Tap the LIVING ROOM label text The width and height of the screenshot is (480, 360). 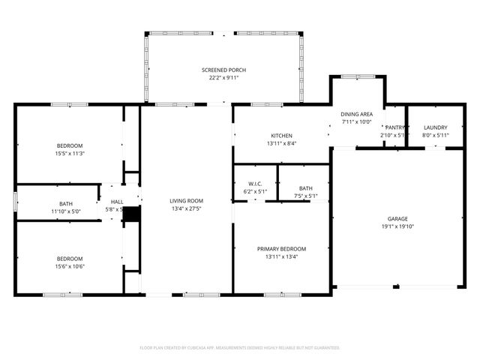click(x=186, y=200)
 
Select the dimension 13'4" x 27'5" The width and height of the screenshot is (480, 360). click(x=186, y=208)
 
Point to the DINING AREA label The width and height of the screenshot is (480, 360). click(x=357, y=113)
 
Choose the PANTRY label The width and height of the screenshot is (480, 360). click(x=394, y=127)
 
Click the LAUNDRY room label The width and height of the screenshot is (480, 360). click(x=435, y=127)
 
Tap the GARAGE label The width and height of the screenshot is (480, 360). click(x=397, y=219)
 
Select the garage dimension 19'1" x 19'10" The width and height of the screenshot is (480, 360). click(x=397, y=227)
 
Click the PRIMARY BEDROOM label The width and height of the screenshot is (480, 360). click(x=281, y=249)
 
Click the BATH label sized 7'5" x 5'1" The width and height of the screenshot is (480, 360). click(x=305, y=188)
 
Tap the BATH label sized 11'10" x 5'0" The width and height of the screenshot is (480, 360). click(x=66, y=203)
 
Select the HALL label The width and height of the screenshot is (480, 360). click(x=117, y=201)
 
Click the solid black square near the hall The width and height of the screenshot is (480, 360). click(x=132, y=214)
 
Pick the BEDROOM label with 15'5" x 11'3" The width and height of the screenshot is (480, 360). click(x=69, y=145)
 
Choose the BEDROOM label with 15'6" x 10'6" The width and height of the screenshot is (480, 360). click(x=69, y=259)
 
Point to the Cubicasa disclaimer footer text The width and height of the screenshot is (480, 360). click(x=240, y=348)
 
